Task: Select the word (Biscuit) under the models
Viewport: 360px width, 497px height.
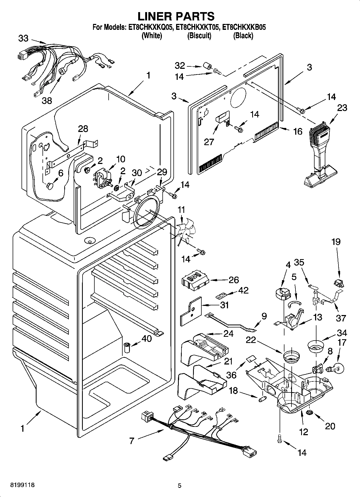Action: [199, 36]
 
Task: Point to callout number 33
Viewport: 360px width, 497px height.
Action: [23, 38]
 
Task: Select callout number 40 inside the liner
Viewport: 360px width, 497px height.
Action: [147, 339]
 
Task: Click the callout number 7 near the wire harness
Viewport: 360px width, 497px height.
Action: [131, 441]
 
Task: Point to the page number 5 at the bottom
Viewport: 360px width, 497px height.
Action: [179, 485]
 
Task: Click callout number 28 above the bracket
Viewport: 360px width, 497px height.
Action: [83, 129]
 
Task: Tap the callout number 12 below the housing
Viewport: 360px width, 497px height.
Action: [303, 432]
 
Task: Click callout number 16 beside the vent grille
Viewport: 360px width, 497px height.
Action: [298, 131]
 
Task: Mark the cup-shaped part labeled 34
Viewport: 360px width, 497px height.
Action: [316, 346]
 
